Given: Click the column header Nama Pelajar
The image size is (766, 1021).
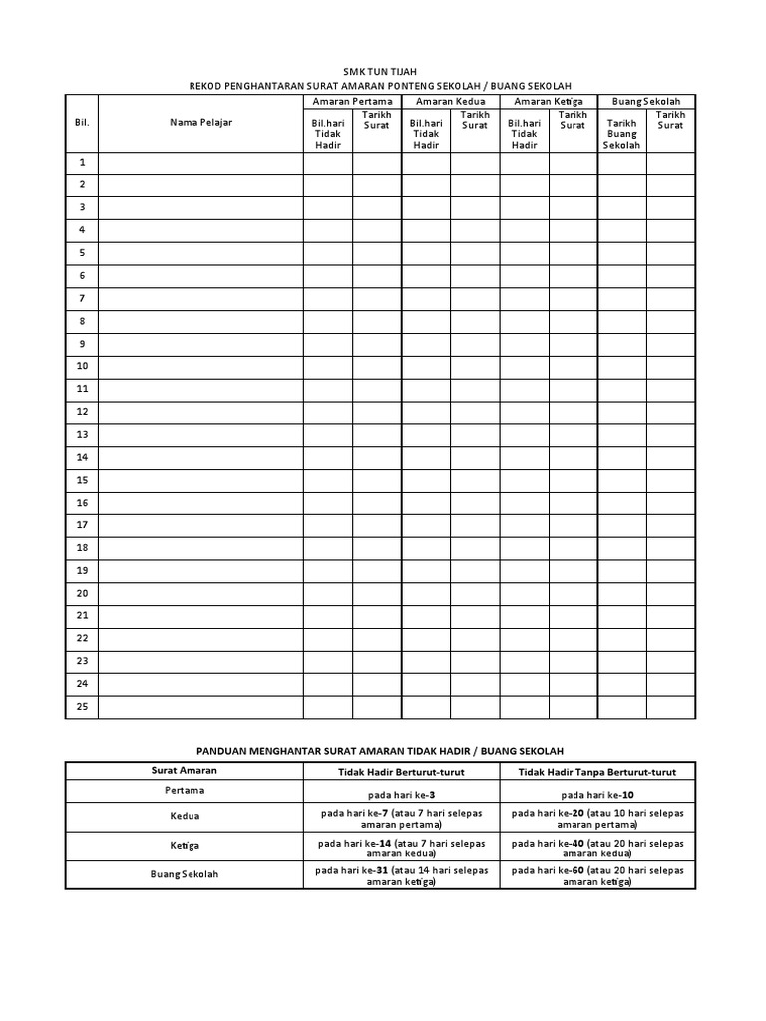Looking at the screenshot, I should [200, 122].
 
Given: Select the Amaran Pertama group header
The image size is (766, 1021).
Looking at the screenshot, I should [352, 102].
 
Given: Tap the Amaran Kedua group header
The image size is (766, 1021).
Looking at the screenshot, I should [450, 102].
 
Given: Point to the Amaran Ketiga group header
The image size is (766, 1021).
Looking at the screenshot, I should [548, 102].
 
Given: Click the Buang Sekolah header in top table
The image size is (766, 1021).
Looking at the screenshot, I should [646, 102].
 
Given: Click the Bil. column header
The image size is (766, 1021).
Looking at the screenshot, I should [82, 122].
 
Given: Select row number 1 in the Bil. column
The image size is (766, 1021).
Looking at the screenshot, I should [82, 163].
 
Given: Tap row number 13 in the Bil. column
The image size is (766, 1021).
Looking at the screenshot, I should [82, 434].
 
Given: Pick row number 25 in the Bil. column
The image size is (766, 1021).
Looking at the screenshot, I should [82, 707].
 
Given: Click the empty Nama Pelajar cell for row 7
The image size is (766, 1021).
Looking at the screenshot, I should [200, 298].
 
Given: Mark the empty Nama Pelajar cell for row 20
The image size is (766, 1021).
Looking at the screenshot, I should [200, 593].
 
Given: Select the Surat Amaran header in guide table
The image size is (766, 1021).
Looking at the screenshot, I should [185, 771].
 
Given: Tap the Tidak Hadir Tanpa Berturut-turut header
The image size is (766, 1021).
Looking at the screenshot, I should [597, 771].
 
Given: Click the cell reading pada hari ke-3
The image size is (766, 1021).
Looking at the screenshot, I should [401, 795].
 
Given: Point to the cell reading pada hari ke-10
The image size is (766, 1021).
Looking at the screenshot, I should [597, 795].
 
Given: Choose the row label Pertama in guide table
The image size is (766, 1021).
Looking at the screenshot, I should [185, 791].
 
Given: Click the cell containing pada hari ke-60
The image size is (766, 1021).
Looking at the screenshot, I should [597, 875].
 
